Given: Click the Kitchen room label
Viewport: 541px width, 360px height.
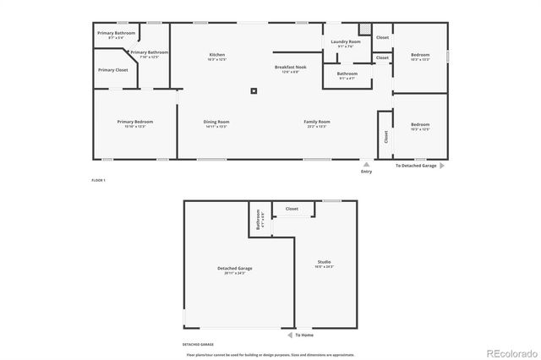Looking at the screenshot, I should click(217, 56).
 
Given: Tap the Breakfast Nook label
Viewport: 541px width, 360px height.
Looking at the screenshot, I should click(290, 67).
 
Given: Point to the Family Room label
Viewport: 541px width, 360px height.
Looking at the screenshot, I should click(317, 122).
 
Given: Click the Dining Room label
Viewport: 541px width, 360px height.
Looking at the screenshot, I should click(216, 122).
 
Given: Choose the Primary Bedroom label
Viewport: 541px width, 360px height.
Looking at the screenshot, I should click(131, 122).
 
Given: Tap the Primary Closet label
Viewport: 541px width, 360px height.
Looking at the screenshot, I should click(112, 70).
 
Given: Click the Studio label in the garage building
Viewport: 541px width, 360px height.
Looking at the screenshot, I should click(325, 263).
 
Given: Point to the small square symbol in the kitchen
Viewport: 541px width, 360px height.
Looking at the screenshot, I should click(253, 91).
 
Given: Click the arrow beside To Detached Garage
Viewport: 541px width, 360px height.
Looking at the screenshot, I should click(441, 166).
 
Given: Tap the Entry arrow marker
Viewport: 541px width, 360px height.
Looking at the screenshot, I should click(366, 164).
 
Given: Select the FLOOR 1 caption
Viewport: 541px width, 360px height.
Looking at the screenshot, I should click(99, 180).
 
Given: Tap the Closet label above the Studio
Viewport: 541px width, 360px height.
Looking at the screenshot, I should click(292, 209).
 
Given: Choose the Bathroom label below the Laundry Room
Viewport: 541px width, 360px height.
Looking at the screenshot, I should click(347, 74).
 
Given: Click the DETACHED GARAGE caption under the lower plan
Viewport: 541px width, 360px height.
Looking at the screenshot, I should click(198, 345).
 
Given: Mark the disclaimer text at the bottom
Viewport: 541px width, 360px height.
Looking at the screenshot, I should click(270, 354).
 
